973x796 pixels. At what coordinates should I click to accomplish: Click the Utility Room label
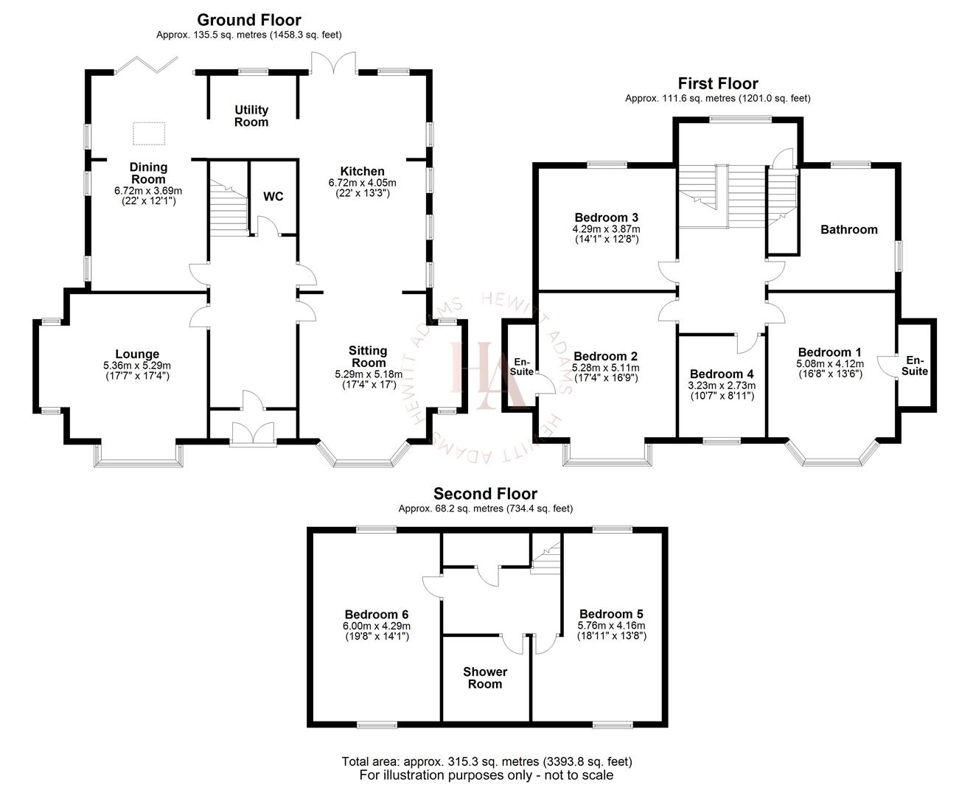click(251, 116)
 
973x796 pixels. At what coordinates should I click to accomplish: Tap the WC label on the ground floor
click(273, 197)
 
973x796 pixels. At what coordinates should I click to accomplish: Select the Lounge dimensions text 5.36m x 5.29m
click(137, 366)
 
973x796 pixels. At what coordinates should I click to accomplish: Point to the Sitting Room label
click(368, 357)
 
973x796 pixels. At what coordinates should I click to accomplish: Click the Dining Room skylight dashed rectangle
click(149, 133)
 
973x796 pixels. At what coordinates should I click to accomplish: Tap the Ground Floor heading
click(249, 20)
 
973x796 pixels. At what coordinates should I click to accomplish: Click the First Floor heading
click(717, 83)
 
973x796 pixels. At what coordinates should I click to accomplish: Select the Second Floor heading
click(485, 494)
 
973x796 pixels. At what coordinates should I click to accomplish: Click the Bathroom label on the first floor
click(849, 229)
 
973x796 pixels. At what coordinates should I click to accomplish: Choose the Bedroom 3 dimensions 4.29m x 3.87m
click(606, 228)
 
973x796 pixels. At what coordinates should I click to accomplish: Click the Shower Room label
click(485, 677)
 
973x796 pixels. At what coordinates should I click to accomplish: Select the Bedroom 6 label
click(377, 614)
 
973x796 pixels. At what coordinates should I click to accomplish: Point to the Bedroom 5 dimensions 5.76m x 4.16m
click(611, 625)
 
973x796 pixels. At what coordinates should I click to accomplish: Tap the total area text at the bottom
click(486, 761)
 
